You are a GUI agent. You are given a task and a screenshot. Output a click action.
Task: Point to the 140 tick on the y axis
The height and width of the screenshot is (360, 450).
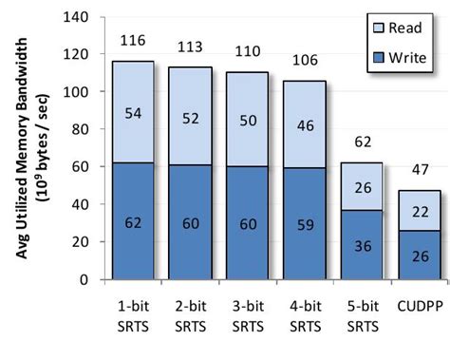click(x=81, y=17)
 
